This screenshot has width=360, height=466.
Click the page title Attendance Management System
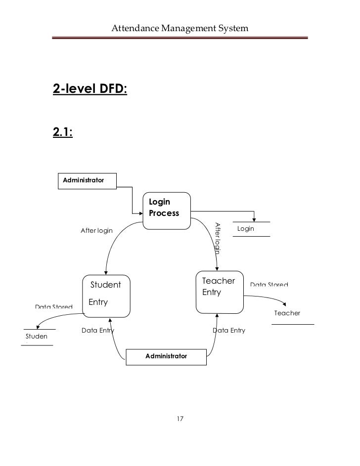(x=180, y=29)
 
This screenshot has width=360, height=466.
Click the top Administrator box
(x=87, y=181)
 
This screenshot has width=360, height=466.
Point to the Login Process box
(x=166, y=211)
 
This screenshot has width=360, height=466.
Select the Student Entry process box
(x=106, y=296)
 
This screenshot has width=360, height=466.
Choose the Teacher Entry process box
(x=220, y=292)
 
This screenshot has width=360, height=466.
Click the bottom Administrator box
(x=167, y=356)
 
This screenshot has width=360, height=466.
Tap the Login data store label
(x=246, y=229)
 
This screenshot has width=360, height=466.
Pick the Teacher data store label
(x=287, y=313)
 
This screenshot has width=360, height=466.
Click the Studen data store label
(x=37, y=337)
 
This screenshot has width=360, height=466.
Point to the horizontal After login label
(x=96, y=231)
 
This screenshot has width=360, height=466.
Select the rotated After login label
(x=217, y=239)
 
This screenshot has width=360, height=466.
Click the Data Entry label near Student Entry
(x=97, y=330)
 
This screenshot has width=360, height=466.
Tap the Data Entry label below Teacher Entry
(x=228, y=330)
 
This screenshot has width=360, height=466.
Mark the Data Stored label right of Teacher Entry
(x=269, y=285)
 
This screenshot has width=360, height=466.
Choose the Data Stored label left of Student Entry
(x=53, y=307)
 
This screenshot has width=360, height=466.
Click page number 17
(x=180, y=419)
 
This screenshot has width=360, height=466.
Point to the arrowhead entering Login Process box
(x=140, y=213)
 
